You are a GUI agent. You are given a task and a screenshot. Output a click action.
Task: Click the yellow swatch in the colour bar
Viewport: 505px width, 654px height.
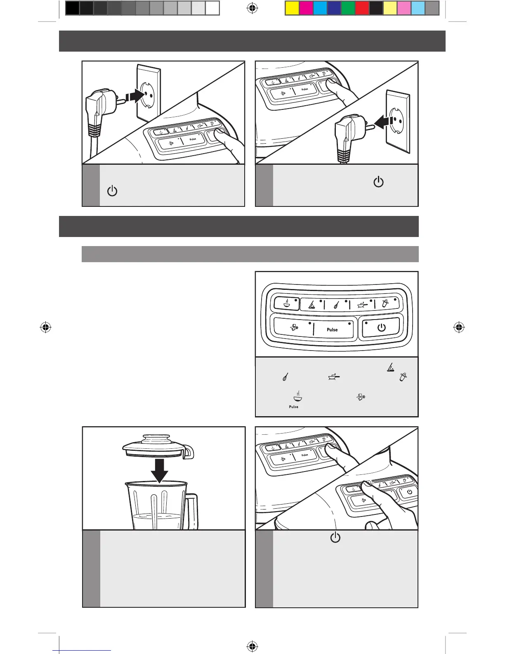pyautogui.click(x=292, y=9)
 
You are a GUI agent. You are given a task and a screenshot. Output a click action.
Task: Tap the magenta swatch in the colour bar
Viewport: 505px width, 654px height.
pyautogui.click(x=306, y=9)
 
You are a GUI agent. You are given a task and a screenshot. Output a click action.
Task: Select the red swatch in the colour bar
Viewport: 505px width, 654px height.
pyautogui.click(x=362, y=9)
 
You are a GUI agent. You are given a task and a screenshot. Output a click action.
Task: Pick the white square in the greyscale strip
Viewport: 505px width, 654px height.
pyautogui.click(x=212, y=9)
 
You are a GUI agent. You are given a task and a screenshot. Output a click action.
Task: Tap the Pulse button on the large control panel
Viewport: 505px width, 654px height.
pyautogui.click(x=333, y=329)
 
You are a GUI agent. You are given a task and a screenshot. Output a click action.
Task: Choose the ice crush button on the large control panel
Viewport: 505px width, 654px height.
pyautogui.click(x=292, y=329)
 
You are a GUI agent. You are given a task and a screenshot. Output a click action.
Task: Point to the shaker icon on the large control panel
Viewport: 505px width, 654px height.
pyautogui.click(x=385, y=304)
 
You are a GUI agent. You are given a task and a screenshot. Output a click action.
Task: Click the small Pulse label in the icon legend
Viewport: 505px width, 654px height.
pyautogui.click(x=293, y=407)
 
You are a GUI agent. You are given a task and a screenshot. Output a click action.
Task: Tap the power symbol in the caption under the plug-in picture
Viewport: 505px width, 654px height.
pyautogui.click(x=112, y=191)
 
